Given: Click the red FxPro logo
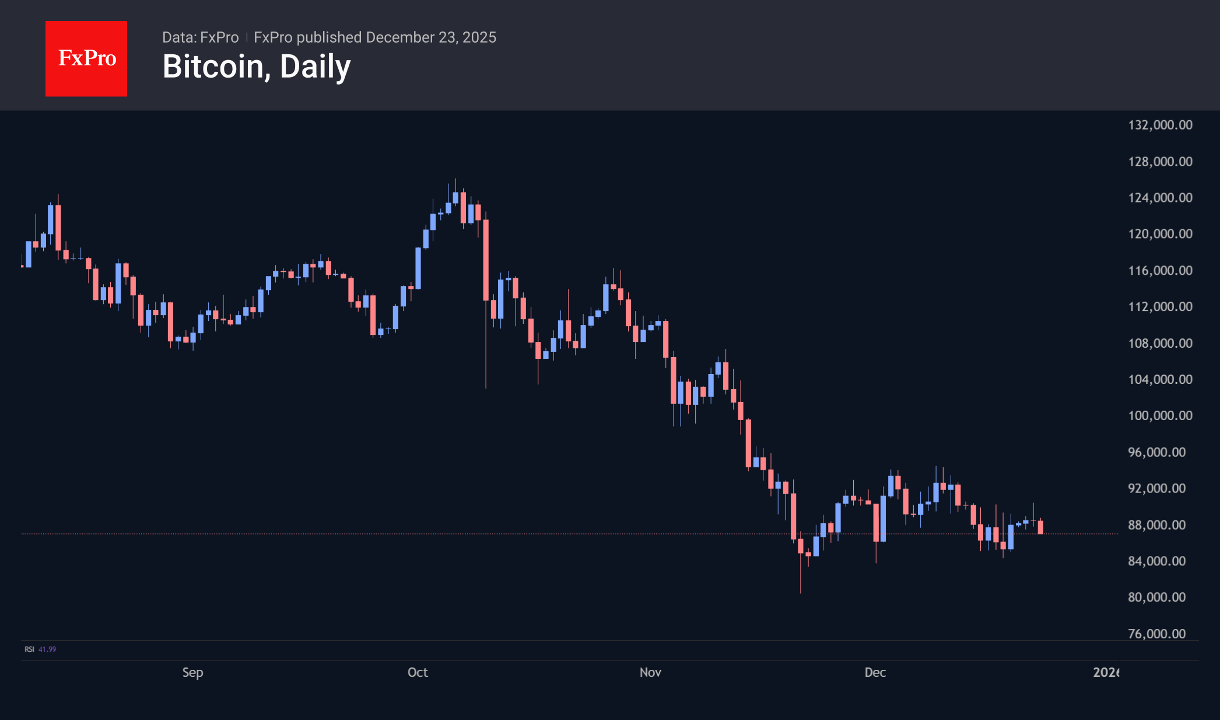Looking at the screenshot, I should click(x=86, y=58).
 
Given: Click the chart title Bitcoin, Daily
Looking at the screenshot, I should click(x=257, y=67).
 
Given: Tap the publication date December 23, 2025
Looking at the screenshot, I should click(x=431, y=37).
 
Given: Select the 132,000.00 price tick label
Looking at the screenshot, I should click(x=1160, y=125).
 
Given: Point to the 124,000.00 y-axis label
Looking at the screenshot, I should click(x=1160, y=198).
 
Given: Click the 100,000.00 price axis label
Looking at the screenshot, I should click(x=1160, y=415).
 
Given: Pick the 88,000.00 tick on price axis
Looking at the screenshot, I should click(x=1156, y=525).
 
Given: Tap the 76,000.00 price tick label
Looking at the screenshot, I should click(x=1156, y=634).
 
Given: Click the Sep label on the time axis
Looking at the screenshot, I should click(x=192, y=672).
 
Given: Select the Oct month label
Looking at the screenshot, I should click(x=418, y=672).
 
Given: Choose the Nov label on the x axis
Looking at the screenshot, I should click(x=650, y=672).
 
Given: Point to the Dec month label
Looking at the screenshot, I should click(x=875, y=672).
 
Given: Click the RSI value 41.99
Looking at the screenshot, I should click(x=47, y=649).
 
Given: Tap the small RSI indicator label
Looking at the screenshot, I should click(x=29, y=649).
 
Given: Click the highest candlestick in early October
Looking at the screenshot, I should click(x=455, y=197).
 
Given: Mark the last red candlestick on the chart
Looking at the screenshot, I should click(x=1040, y=527).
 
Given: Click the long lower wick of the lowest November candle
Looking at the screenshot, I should click(x=801, y=575).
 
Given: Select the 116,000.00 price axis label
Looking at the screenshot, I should click(x=1160, y=271).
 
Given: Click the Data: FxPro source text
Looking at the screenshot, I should click(x=200, y=37).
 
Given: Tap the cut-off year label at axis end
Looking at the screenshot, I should click(x=1105, y=672).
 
